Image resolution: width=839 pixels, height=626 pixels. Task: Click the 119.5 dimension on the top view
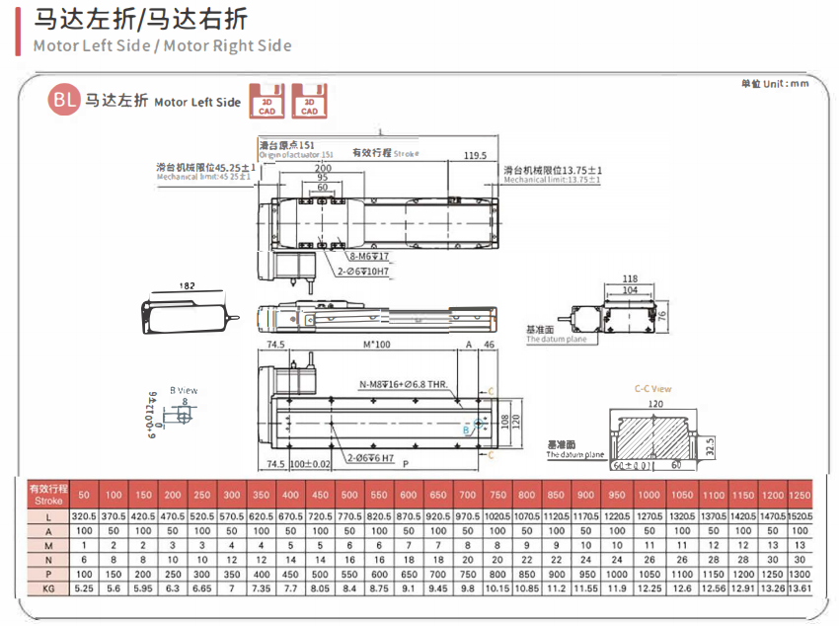pyautogui.click(x=476, y=156)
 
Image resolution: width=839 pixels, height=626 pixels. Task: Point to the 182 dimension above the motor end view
pyautogui.click(x=189, y=285)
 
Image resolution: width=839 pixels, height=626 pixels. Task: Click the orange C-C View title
pyautogui.click(x=652, y=389)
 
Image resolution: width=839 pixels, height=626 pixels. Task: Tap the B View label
pyautogui.click(x=184, y=391)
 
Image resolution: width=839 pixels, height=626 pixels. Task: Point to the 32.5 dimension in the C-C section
pyautogui.click(x=712, y=445)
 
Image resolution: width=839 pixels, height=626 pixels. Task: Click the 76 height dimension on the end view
pyautogui.click(x=663, y=315)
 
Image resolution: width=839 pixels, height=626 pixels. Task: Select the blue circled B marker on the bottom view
pyautogui.click(x=467, y=430)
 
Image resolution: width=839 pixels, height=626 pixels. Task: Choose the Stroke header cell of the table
pyautogui.click(x=47, y=494)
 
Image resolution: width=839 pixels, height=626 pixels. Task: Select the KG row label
pyautogui.click(x=47, y=587)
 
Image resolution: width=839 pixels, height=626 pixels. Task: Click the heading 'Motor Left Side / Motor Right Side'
pyautogui.click(x=162, y=45)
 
